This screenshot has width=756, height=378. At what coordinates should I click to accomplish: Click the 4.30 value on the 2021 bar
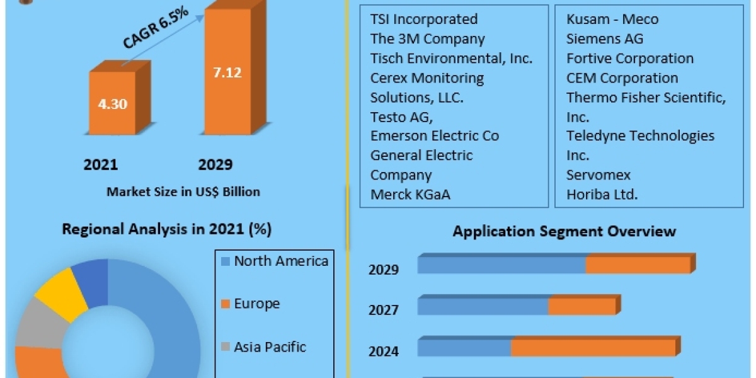click(112, 104)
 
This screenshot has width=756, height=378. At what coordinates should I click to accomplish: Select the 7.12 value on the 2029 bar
click(226, 72)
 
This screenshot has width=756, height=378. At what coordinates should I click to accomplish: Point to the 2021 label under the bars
click(101, 165)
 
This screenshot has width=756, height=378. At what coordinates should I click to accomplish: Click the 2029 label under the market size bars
click(215, 165)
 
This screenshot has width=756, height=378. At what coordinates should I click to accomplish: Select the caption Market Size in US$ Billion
click(183, 192)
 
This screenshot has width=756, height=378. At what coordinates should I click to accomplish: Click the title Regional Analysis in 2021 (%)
click(166, 229)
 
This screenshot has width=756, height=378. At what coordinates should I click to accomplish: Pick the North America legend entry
click(280, 261)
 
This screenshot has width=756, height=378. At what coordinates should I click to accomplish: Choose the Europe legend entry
click(256, 304)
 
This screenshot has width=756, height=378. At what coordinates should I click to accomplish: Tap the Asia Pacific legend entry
click(270, 346)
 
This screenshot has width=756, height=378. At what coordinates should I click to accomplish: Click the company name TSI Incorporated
click(423, 20)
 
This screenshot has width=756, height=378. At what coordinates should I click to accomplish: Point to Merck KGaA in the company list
click(410, 195)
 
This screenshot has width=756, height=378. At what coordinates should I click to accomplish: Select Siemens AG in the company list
click(605, 39)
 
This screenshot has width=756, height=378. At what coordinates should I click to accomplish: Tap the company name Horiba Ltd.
click(602, 195)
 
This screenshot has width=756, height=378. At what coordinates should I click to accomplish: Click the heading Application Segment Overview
click(564, 231)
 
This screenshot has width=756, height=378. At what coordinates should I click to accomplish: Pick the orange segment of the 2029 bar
click(638, 265)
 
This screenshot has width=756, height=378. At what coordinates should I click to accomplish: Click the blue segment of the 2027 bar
click(483, 307)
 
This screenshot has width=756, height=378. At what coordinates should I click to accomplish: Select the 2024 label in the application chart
click(384, 352)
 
